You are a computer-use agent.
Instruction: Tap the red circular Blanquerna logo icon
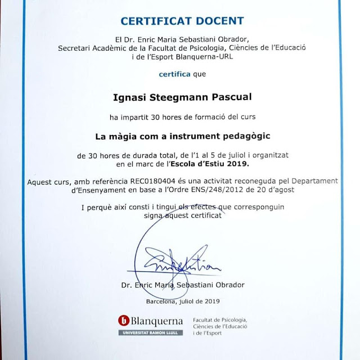pyautogui.click(x=123, y=321)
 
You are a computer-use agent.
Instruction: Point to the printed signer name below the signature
pyautogui.click(x=183, y=285)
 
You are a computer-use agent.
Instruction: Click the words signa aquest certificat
pyautogui.click(x=183, y=217)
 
